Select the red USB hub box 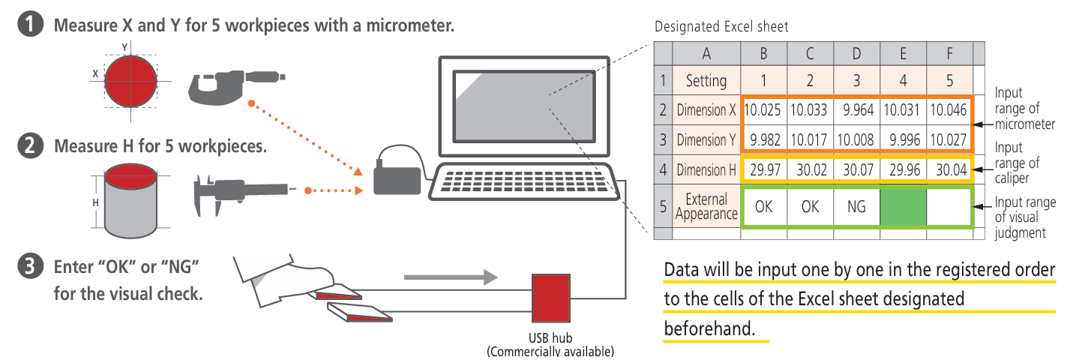(x=551, y=298)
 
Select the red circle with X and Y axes (x=130, y=80)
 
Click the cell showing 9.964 (x=856, y=111)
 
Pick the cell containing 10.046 (x=949, y=111)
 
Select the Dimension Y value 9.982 (x=763, y=139)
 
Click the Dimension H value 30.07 (x=856, y=170)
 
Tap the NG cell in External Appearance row (x=856, y=206)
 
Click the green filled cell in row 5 (x=903, y=206)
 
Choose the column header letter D (x=856, y=53)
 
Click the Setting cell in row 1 (x=706, y=80)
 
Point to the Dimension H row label (x=706, y=170)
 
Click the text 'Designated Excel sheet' (x=721, y=27)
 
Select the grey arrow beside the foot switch (x=451, y=277)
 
